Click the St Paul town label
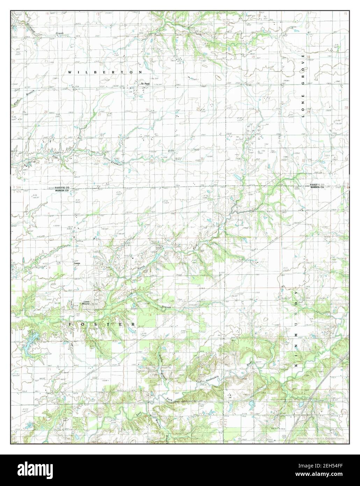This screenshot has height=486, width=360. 145,84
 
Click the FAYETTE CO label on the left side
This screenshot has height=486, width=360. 62,187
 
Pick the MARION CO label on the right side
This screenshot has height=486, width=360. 317,187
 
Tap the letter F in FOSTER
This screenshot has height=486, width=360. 70,324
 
